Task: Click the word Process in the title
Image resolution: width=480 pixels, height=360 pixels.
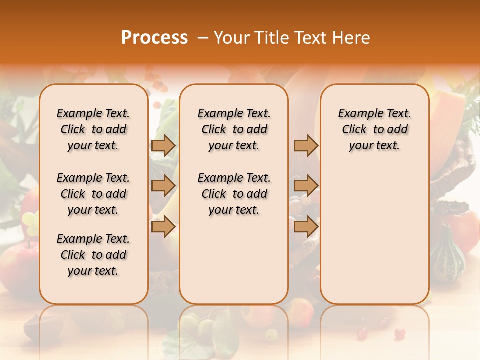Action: point(154,38)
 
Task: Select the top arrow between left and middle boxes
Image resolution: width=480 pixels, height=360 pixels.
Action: point(163,145)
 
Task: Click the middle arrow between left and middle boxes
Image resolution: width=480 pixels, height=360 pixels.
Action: point(163,186)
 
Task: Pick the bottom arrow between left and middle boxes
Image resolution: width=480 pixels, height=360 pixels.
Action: point(163,227)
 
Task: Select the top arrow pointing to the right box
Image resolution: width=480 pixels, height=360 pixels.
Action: point(306,145)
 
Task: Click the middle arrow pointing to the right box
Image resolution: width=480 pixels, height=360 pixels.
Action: point(306,186)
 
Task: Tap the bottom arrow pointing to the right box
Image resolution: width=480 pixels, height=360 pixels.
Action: point(306,227)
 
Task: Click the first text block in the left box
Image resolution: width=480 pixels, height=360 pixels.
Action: point(93,129)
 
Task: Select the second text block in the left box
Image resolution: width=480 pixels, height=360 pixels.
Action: point(93,194)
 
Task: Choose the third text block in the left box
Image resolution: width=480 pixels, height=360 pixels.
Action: point(93,255)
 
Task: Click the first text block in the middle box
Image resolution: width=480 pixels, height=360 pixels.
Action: point(234,129)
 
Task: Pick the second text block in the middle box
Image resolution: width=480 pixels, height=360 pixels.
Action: point(234,194)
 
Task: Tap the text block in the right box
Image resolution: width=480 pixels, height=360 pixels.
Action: point(374,129)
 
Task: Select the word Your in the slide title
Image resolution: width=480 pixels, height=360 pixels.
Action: point(231,38)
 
